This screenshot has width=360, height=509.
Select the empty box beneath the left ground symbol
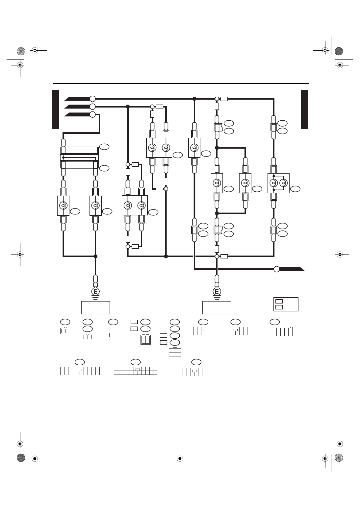[95, 307]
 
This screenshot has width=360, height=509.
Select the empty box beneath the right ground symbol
[217, 307]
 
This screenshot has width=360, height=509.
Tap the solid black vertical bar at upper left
[56, 109]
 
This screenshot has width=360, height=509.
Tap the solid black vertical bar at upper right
[304, 109]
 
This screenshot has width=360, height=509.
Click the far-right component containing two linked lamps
[279, 183]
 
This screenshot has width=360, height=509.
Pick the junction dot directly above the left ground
[95, 256]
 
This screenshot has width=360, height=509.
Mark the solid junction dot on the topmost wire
[194, 99]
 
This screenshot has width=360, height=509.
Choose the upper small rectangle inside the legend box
[279, 301]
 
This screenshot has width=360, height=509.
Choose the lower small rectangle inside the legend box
[279, 307]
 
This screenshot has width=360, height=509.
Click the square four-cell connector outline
[145, 339]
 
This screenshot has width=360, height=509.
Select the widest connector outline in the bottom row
[196, 372]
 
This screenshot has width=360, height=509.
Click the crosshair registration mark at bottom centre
[180, 459]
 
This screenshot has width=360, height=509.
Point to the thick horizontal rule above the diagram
[181, 84]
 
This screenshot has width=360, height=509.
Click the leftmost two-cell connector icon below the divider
[65, 331]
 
